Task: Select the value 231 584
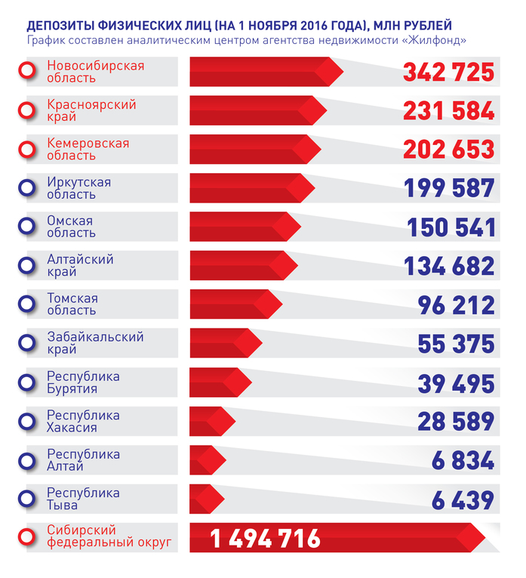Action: [x=448, y=111]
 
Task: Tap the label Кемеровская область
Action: [x=88, y=150]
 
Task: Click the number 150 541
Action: [x=451, y=227]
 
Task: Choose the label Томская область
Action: [x=72, y=304]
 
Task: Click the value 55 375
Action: [x=456, y=344]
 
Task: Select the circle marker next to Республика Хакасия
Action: [x=27, y=422]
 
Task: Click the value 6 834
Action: [x=467, y=460]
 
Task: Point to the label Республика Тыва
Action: [x=83, y=499]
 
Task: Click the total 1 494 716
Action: [x=265, y=539]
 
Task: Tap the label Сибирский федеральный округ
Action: [x=109, y=538]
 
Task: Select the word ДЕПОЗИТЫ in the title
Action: [x=61, y=25]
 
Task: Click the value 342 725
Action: [x=448, y=73]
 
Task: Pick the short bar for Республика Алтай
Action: [x=206, y=460]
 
